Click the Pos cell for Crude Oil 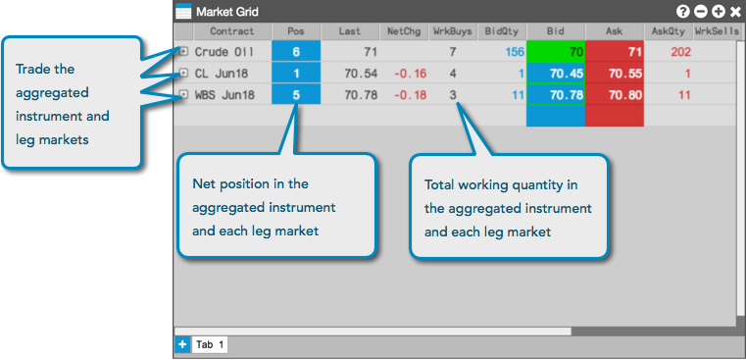click(296, 51)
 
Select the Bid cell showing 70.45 click(555, 74)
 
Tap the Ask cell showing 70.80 click(615, 95)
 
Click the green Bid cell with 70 click(555, 51)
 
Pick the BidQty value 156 click(515, 51)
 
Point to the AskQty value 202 click(680, 51)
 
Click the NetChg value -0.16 click(410, 74)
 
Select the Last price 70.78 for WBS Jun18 click(361, 95)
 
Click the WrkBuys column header click(453, 32)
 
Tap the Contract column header click(232, 32)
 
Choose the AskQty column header click(668, 32)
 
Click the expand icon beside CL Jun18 click(183, 73)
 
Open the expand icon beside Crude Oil click(183, 51)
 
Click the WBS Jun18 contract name click(224, 95)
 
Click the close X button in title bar click(735, 12)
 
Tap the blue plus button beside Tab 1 click(182, 344)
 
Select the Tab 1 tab click(210, 344)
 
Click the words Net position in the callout click(223, 183)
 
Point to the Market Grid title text click(227, 12)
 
